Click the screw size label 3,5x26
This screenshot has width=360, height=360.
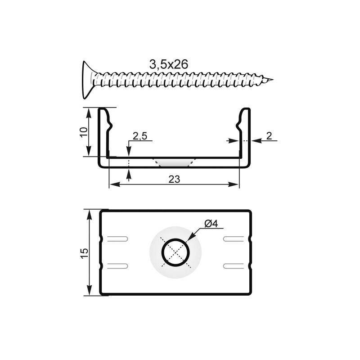click(169, 64)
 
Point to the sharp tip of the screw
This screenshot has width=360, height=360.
click(272, 80)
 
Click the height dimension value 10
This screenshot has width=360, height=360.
click(84, 132)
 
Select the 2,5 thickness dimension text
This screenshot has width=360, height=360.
click(140, 136)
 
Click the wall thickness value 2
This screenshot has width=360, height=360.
click(269, 136)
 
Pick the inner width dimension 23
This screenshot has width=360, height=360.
click(174, 179)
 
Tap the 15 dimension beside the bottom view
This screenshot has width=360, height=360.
click(84, 253)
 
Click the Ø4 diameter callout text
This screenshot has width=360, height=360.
click(211, 223)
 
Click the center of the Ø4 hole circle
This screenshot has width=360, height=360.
click(175, 252)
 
